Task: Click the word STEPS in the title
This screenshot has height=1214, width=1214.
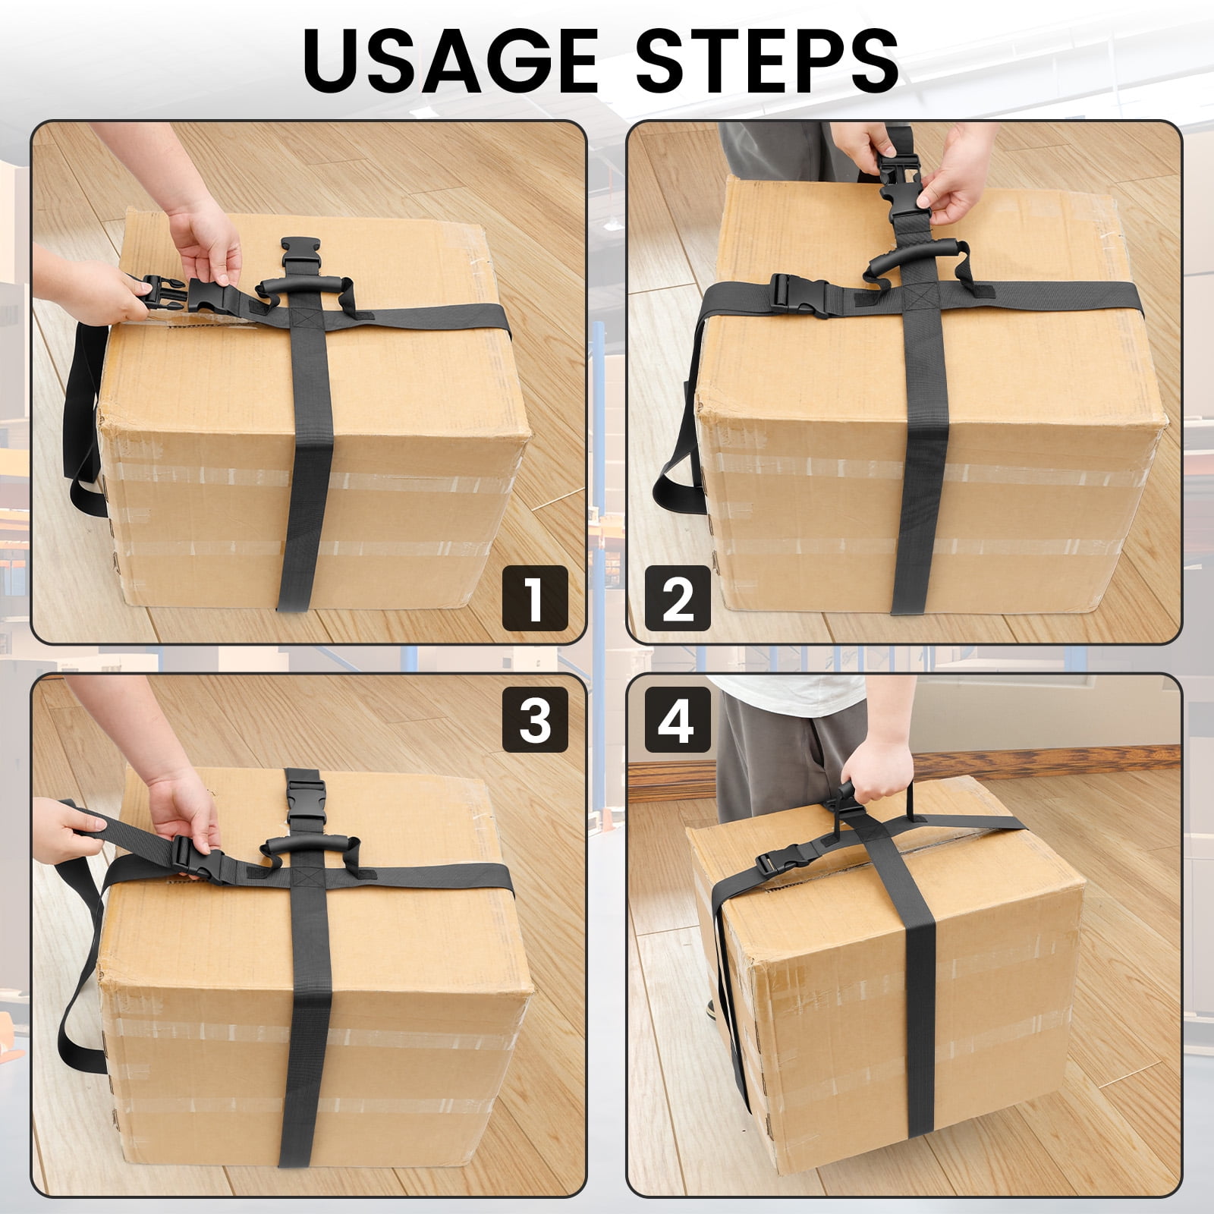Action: coord(766,61)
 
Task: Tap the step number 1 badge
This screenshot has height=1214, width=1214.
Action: coord(535,598)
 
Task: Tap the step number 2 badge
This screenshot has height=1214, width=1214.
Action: coord(678,598)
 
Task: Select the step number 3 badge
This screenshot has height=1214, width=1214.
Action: coord(535,719)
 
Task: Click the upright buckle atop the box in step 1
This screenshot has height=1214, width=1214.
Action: coord(301,253)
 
